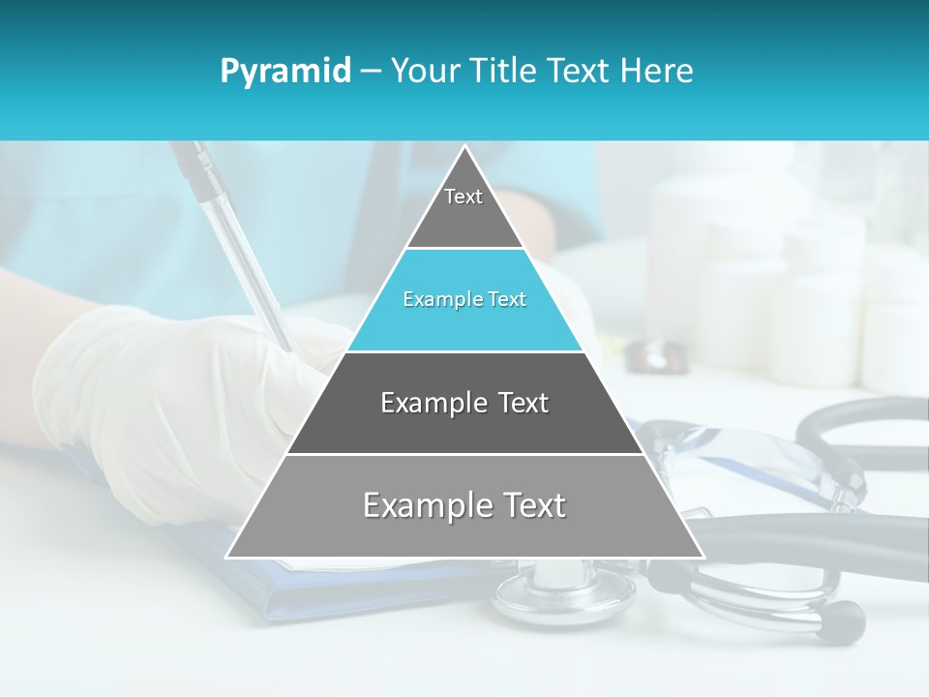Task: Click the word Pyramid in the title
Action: (x=285, y=72)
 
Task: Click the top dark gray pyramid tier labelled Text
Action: (x=464, y=208)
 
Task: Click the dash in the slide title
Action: (x=370, y=72)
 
